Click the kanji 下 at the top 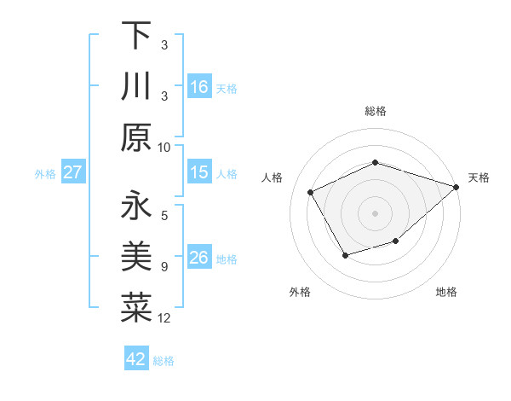(x=136, y=36)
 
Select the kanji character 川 (x=136, y=85)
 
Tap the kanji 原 (x=136, y=137)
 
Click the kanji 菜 (x=136, y=307)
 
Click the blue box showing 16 (x=199, y=87)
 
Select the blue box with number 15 (x=199, y=173)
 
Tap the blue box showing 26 (x=199, y=258)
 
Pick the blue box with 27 (x=72, y=173)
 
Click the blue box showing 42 (x=136, y=359)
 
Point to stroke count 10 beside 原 (x=164, y=147)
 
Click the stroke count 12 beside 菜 (x=164, y=318)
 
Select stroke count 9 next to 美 (x=164, y=267)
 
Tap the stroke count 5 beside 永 (x=164, y=216)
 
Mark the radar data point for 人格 (x=311, y=193)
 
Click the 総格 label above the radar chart (x=376, y=111)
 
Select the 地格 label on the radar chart (x=446, y=292)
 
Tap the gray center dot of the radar (x=375, y=213)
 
